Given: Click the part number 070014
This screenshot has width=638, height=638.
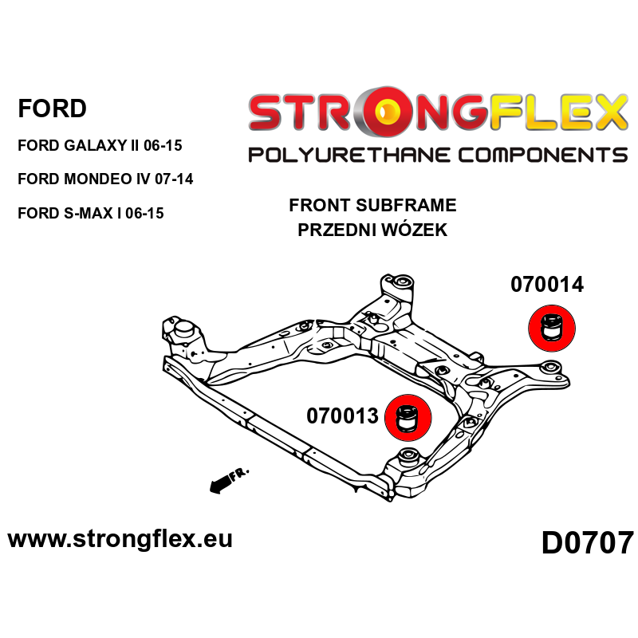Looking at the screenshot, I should pyautogui.click(x=546, y=285).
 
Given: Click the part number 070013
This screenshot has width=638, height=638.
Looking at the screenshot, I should pyautogui.click(x=342, y=416).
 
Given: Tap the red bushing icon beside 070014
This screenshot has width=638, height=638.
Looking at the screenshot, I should pyautogui.click(x=553, y=331).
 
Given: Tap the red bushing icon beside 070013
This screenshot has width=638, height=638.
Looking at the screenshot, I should pyautogui.click(x=408, y=417).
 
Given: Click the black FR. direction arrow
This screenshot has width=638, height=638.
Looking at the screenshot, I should pyautogui.click(x=226, y=480).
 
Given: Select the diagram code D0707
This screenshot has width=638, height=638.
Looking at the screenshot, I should pyautogui.click(x=587, y=543).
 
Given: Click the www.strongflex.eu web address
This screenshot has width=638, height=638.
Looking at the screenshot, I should pyautogui.click(x=120, y=538).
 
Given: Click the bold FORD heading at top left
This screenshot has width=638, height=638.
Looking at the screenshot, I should pyautogui.click(x=52, y=108).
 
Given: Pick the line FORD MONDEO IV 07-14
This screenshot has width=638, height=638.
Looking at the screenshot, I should pyautogui.click(x=104, y=179).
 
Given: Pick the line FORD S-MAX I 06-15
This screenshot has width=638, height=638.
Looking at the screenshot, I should pyautogui.click(x=90, y=213).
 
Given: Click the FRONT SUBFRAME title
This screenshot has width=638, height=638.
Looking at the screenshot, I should pyautogui.click(x=372, y=205).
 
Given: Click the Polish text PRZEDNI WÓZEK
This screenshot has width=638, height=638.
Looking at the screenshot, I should pyautogui.click(x=372, y=231).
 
